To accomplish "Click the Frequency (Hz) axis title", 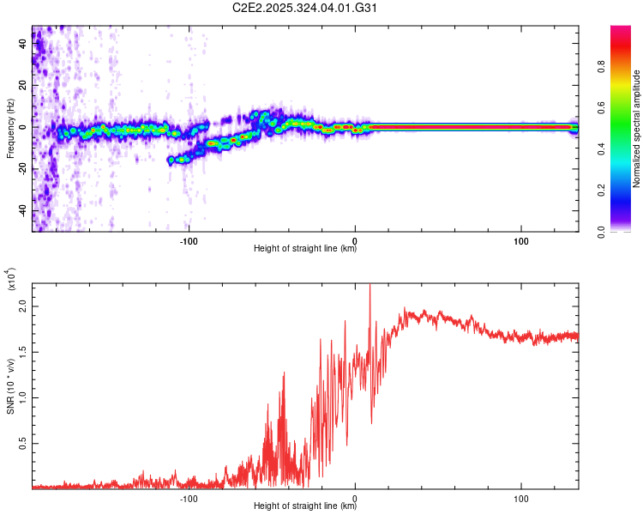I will [x=10, y=129].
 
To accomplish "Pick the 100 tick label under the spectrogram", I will [x=521, y=240].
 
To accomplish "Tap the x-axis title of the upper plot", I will [x=305, y=250].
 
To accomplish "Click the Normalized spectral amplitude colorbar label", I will [x=637, y=129].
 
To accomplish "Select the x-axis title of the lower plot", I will [x=305, y=506].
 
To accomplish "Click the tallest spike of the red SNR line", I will [x=370, y=287].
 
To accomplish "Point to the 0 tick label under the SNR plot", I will [x=355, y=498].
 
